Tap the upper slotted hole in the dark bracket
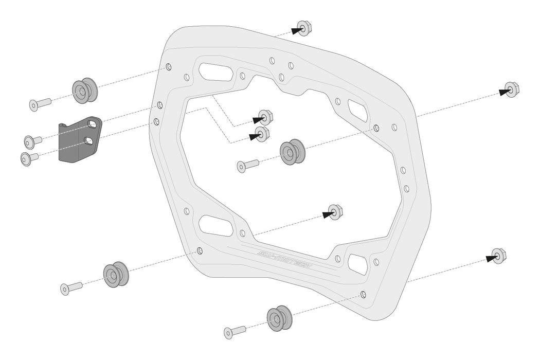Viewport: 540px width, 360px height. coord(92,124)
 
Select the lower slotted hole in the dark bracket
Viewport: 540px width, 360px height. coord(89,140)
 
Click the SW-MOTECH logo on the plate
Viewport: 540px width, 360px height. coord(285,260)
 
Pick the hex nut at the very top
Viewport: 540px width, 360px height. coord(303,29)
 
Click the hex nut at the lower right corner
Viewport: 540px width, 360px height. coord(498,255)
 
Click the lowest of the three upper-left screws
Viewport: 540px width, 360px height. coord(29,158)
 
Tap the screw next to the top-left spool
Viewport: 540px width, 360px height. coord(40,104)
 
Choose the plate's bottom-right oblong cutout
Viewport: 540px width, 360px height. coord(358,263)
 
